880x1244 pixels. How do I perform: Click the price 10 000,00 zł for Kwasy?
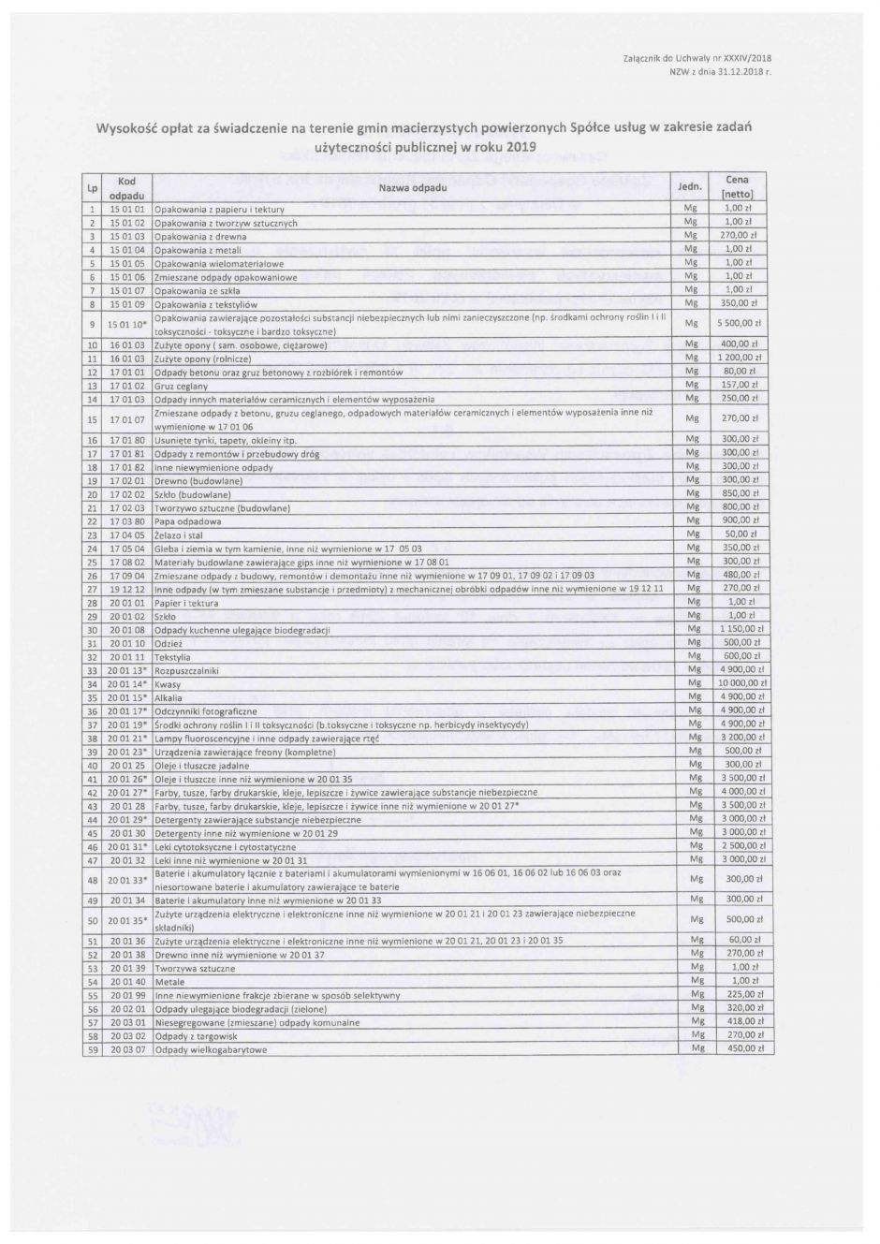(745, 684)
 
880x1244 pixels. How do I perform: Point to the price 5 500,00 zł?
(745, 324)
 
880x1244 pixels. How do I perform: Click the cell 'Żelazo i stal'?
(178, 534)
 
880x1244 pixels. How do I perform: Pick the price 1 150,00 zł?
(745, 631)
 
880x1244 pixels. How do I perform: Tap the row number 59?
(93, 1050)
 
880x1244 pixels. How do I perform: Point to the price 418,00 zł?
(745, 1022)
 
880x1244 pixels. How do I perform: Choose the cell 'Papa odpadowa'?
(187, 521)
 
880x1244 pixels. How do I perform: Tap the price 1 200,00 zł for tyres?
(745, 359)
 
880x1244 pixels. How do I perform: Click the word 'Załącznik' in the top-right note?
(642, 58)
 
